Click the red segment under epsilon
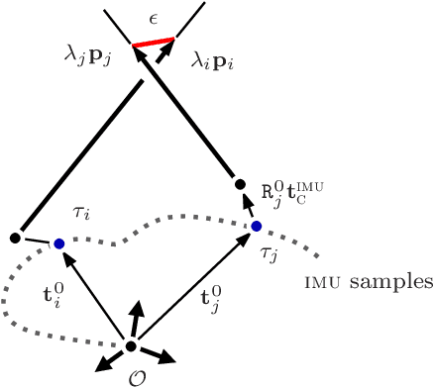pyautogui.click(x=155, y=43)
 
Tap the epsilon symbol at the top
pyautogui.click(x=154, y=18)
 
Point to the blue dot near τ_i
pyautogui.click(x=58, y=243)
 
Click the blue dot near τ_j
pyautogui.click(x=256, y=227)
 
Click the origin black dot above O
pyautogui.click(x=130, y=345)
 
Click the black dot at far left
pyautogui.click(x=15, y=238)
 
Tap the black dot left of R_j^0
pyautogui.click(x=239, y=184)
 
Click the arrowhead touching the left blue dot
pyautogui.click(x=65, y=257)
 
